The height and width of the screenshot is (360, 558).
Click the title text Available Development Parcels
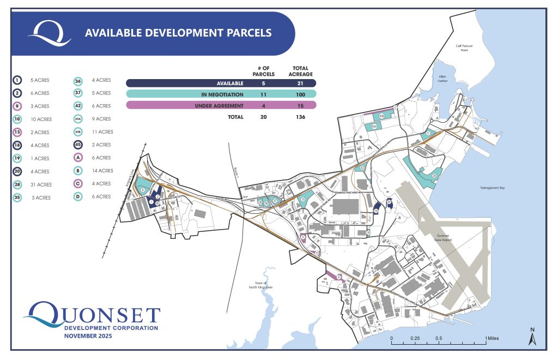[x=178, y=33]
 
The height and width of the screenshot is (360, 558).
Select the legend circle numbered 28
[x=17, y=184]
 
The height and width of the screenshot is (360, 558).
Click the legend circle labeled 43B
[x=78, y=132]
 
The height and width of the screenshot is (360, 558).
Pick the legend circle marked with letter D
[x=78, y=196]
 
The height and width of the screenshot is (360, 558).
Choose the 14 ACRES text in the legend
[x=102, y=171]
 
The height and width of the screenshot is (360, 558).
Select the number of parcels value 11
[x=263, y=94]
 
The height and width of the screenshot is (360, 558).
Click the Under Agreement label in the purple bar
[x=219, y=105]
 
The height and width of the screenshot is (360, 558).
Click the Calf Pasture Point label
[x=464, y=48]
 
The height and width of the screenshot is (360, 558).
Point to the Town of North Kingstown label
[x=261, y=285]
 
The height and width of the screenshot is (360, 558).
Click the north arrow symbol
[x=533, y=337]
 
